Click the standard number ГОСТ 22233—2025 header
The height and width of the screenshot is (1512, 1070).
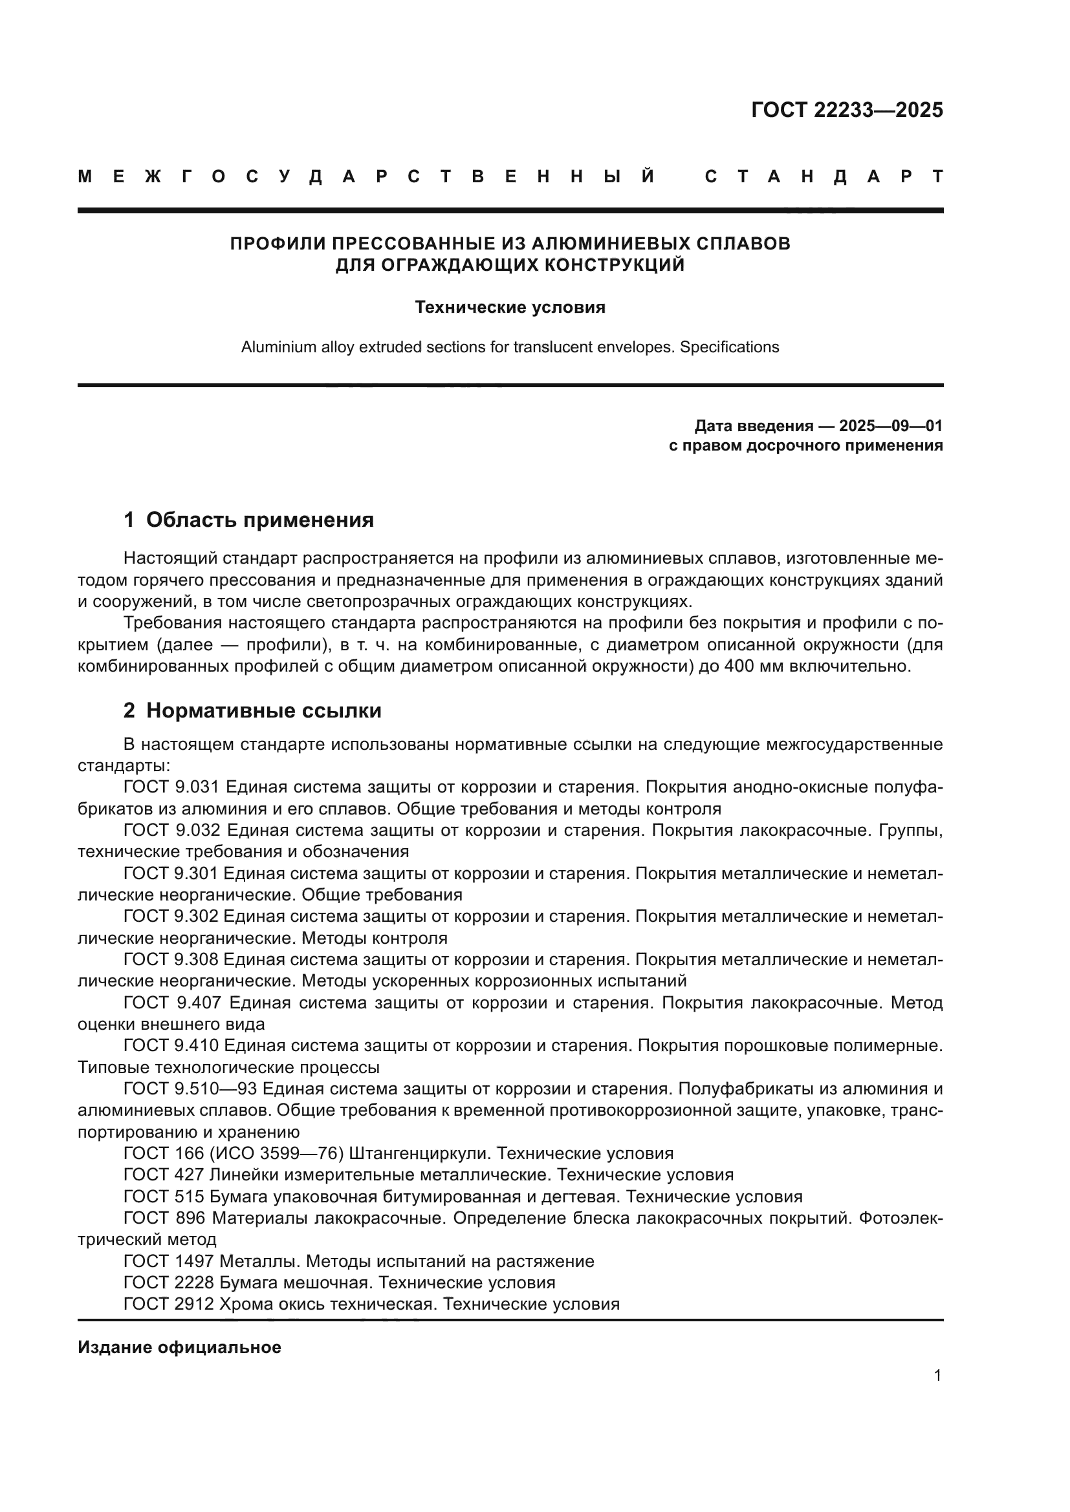(x=847, y=110)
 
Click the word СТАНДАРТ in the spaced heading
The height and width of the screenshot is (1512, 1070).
(x=824, y=176)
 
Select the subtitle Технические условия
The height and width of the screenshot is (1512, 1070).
(x=510, y=308)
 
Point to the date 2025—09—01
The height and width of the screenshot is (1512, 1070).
(x=890, y=426)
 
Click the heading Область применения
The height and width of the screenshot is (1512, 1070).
(x=259, y=520)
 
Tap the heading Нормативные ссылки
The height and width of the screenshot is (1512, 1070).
(x=263, y=710)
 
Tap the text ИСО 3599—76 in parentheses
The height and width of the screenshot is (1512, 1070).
(x=281, y=1154)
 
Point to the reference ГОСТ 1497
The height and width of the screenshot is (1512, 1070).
(x=169, y=1261)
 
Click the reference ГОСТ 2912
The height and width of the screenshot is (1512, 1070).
(x=169, y=1304)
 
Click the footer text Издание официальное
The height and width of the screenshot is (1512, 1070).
(x=179, y=1347)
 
